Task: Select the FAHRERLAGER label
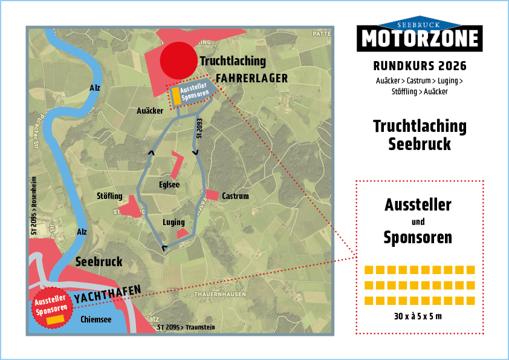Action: pyautogui.click(x=251, y=78)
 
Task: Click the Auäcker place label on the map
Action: pyautogui.click(x=150, y=111)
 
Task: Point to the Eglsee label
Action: pyautogui.click(x=169, y=185)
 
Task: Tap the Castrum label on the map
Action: pyautogui.click(x=235, y=196)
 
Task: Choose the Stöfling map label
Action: pyautogui.click(x=109, y=196)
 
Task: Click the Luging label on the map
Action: pyautogui.click(x=173, y=222)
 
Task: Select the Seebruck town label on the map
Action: pyautogui.click(x=99, y=262)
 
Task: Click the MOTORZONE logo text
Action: pyautogui.click(x=420, y=39)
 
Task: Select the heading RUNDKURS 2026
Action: pyautogui.click(x=420, y=65)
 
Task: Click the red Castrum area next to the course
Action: pyautogui.click(x=212, y=195)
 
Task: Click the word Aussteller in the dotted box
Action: pyautogui.click(x=418, y=205)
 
